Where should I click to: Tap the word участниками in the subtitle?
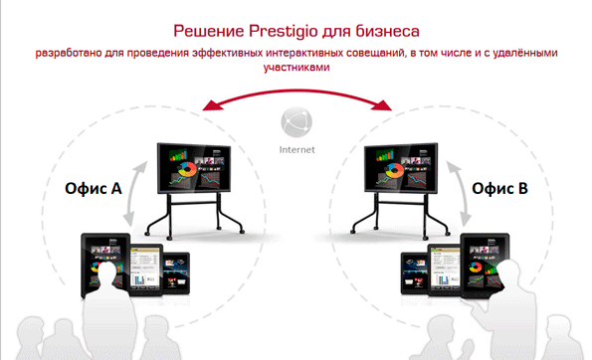click(x=295, y=69)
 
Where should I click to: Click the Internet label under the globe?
click(x=296, y=150)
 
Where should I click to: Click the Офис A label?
click(x=94, y=188)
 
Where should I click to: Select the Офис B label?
click(x=497, y=188)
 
